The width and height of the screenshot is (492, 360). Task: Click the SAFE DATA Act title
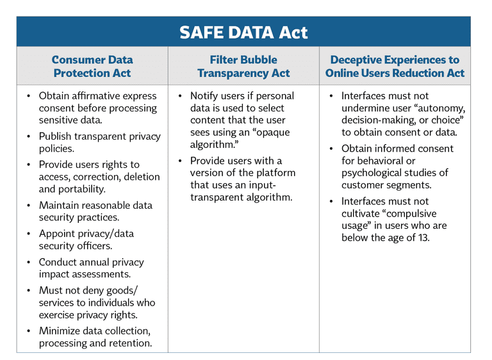tap(243, 32)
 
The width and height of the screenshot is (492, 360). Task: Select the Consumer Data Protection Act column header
tap(92, 66)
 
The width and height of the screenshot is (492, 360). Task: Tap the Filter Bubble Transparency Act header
tap(243, 66)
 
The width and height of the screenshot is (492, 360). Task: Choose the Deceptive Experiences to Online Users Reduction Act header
tap(395, 66)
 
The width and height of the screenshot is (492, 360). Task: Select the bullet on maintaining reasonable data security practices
tap(95, 211)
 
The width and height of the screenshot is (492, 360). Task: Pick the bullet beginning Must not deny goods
tap(97, 302)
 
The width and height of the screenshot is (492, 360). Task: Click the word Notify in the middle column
tap(206, 96)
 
